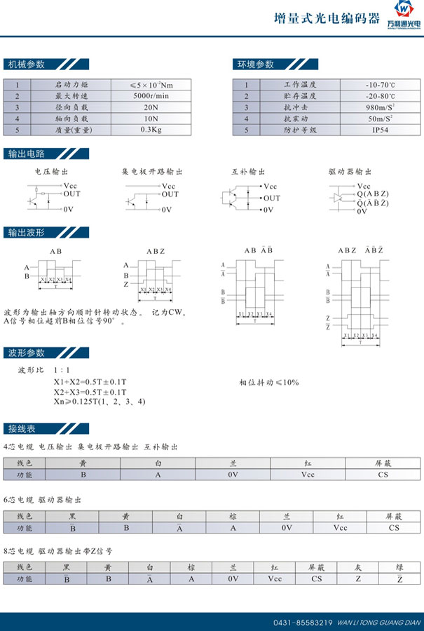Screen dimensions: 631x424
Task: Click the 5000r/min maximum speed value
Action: [150, 96]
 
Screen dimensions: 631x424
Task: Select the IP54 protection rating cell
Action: [380, 130]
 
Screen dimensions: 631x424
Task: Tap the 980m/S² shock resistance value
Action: [380, 107]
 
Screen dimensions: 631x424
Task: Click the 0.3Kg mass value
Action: [150, 130]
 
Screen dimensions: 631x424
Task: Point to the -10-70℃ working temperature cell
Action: [380, 85]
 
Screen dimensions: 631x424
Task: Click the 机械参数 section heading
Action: [26, 65]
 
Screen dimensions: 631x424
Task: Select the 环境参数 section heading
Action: [254, 65]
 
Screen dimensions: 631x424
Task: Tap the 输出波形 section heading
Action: [26, 233]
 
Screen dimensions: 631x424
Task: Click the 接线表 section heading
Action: [22, 428]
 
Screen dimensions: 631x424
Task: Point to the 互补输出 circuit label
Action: [249, 172]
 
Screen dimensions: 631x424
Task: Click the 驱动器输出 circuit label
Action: [349, 172]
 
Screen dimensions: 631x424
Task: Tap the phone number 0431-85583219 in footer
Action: [303, 622]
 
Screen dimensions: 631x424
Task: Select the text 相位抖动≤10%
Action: [269, 382]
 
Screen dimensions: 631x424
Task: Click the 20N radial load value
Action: [150, 107]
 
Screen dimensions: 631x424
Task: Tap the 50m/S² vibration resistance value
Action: [380, 118]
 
